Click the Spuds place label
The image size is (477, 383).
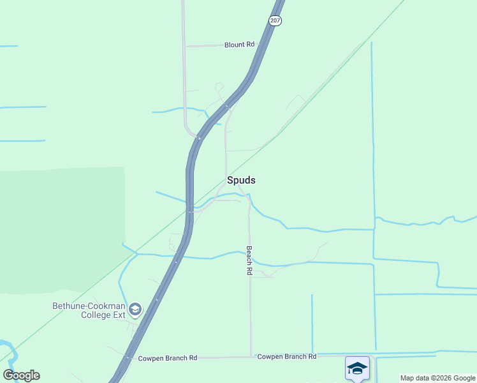click(241, 180)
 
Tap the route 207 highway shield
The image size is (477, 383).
click(275, 20)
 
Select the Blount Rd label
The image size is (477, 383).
click(239, 45)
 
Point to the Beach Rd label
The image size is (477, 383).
click(249, 260)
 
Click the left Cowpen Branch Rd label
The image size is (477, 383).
click(168, 358)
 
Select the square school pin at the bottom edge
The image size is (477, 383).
click(357, 368)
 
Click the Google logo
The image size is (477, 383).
click(21, 375)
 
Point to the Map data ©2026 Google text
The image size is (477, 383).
click(437, 378)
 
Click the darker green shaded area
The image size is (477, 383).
click(64, 230)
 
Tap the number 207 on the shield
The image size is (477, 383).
click(275, 20)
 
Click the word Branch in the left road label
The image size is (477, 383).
click(174, 358)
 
